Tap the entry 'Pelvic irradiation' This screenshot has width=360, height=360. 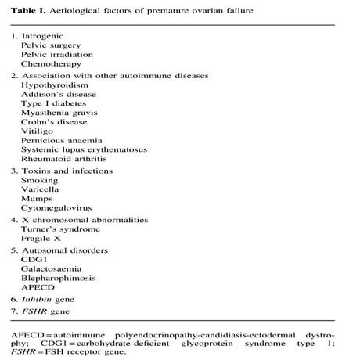(x=57, y=55)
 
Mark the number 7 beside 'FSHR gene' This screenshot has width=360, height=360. (x=14, y=312)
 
